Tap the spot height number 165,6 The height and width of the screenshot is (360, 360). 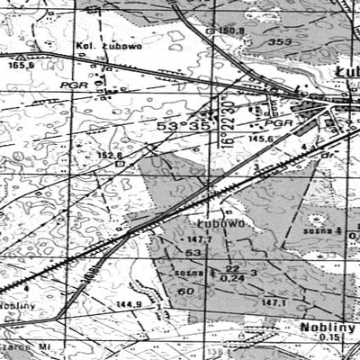pos(20,64)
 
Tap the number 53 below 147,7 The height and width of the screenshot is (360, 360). pos(192,253)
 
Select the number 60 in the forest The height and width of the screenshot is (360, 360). pos(187,291)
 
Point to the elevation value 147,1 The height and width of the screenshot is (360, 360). pos(273,303)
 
